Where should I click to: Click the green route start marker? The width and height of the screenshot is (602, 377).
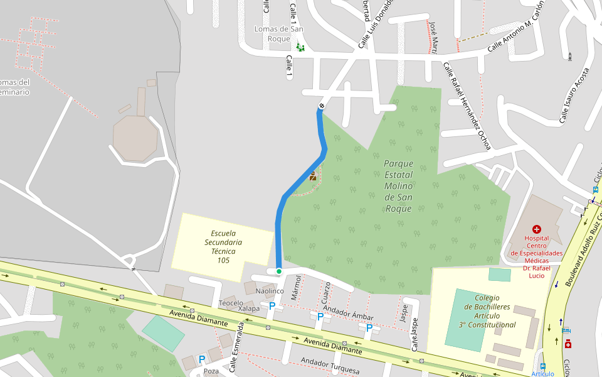coord(279,271)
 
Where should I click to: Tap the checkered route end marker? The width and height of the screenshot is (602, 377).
coord(322,106)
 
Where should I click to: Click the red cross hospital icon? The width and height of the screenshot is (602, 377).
coord(536,229)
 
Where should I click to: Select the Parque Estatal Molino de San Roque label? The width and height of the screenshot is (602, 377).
coord(399,186)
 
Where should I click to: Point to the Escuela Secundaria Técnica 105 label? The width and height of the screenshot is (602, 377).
coord(223,246)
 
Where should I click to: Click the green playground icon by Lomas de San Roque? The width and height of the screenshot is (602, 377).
coord(300,47)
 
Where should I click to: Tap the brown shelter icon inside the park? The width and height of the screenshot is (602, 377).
coord(312,176)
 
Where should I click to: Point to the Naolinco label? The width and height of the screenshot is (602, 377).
coord(270,291)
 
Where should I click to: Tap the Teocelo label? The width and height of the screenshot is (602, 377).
coord(231,303)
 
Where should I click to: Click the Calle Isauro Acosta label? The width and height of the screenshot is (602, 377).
coord(574,95)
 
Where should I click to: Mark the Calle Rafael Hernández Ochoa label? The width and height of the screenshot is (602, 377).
coord(467,106)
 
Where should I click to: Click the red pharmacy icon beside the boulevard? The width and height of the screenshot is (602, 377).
coord(568,344)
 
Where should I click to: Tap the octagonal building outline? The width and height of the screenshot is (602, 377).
coord(135,136)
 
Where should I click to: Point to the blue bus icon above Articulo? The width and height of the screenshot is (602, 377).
coord(542,366)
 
